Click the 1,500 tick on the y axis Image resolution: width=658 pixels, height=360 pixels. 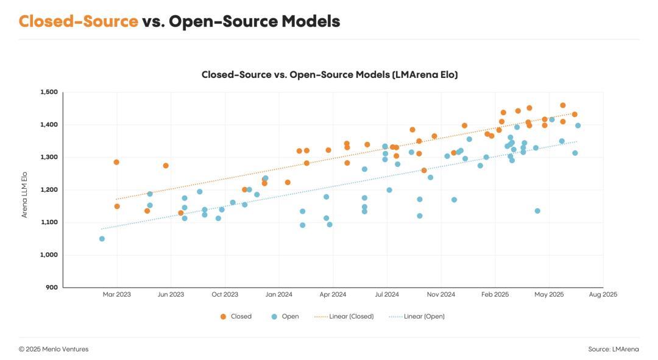point(49,93)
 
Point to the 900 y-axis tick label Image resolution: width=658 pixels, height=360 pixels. point(52,288)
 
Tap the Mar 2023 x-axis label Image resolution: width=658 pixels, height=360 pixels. point(116,295)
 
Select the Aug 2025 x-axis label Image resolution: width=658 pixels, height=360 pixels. point(603,295)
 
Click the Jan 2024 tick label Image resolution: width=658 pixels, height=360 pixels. point(278,295)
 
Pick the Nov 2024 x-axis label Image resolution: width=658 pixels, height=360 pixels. point(441,295)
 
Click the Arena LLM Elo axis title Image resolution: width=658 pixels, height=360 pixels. point(24,195)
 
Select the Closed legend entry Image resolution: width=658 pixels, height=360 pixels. point(236,316)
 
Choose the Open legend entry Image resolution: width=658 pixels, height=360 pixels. point(285,316)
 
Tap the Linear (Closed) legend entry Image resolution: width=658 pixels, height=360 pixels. point(344,316)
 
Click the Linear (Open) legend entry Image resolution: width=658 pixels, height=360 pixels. point(417,316)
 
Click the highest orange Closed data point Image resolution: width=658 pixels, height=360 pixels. point(563,105)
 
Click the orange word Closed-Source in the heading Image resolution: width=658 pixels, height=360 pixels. point(79,21)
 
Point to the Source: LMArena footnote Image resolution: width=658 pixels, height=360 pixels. point(614,349)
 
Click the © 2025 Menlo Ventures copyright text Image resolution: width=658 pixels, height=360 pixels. point(54,349)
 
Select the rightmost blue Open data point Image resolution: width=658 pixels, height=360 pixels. point(578,125)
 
